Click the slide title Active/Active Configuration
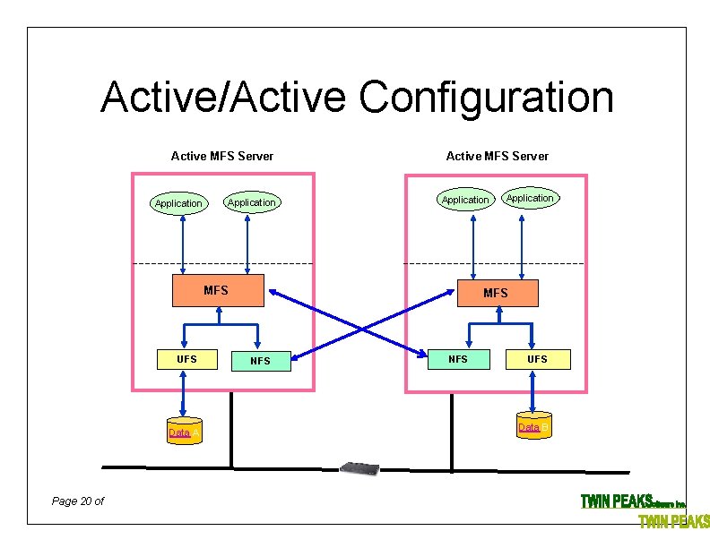click(x=357, y=98)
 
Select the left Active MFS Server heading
click(x=222, y=156)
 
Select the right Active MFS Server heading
click(x=498, y=156)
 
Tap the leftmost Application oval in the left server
click(x=178, y=203)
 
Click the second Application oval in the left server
click(x=251, y=202)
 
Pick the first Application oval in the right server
click(x=465, y=200)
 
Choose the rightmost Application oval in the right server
click(x=530, y=198)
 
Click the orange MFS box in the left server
click(x=218, y=291)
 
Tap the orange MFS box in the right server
click(x=497, y=293)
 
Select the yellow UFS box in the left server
click(x=186, y=359)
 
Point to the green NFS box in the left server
click(x=260, y=361)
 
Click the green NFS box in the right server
click(x=458, y=359)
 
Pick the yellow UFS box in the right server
click(x=536, y=359)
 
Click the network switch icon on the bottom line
click(x=360, y=468)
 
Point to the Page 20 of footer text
click(x=78, y=501)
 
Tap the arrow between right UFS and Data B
click(x=535, y=390)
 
